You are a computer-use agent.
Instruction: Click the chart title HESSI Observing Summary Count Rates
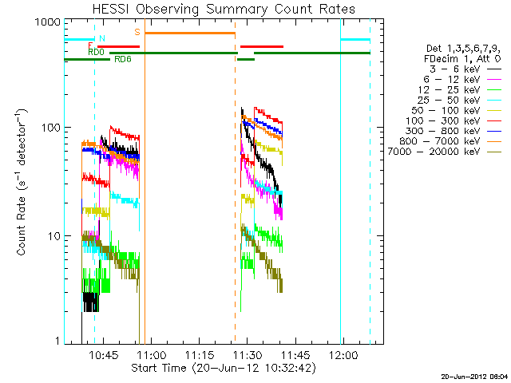(224, 9)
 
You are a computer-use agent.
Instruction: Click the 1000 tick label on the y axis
(45, 22)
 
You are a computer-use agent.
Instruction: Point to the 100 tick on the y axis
(48, 128)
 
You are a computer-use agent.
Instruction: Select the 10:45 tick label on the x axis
(105, 354)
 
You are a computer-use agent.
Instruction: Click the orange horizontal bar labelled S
(189, 33)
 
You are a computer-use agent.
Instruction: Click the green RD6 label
(123, 60)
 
